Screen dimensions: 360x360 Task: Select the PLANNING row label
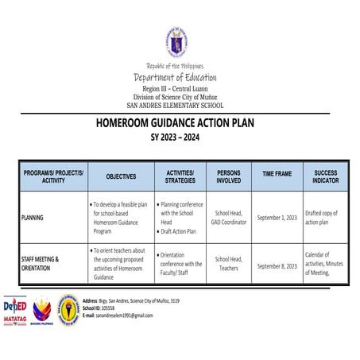coord(33,217)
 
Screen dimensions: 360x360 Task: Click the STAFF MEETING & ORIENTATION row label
coord(41,264)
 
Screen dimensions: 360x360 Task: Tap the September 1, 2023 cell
coord(277,217)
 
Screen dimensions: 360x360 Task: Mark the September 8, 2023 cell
coord(277,266)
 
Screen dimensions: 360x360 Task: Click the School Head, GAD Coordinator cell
coord(229,217)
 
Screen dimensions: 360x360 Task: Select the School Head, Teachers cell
coord(229,264)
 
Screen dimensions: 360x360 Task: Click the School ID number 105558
coord(114,308)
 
